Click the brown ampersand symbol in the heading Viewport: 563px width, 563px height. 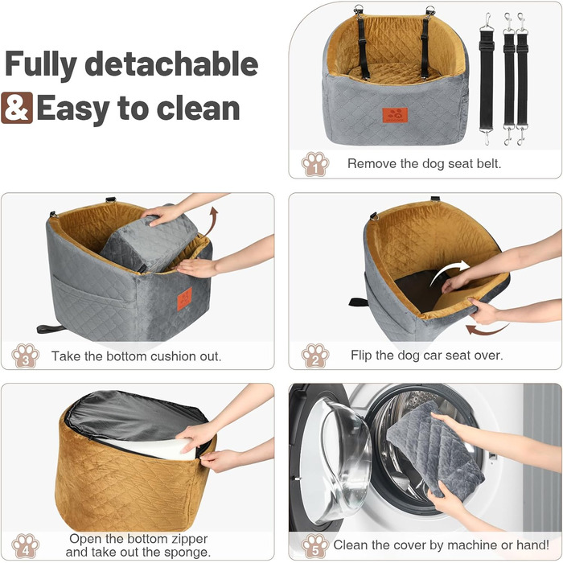pos(17,108)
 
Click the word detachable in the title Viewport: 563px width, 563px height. pos(171,64)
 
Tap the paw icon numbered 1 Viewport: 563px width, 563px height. pos(315,164)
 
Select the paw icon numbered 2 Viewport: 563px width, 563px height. pos(315,355)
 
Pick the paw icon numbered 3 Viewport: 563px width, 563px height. pos(25,355)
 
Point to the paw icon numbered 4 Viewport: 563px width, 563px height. pos(25,546)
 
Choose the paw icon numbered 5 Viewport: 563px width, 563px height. pos(315,546)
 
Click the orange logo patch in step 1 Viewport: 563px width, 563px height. pos(395,115)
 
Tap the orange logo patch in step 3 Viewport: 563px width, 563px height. pos(184,298)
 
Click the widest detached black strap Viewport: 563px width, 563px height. pos(487,79)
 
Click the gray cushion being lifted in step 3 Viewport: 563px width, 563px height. pos(149,242)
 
